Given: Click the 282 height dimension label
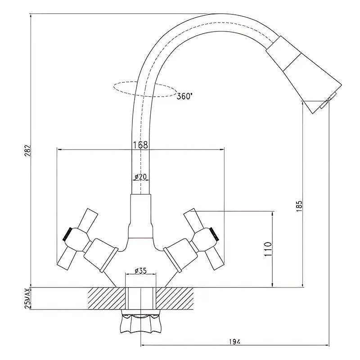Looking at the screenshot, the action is [x=27, y=151].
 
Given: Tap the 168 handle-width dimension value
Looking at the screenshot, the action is [x=140, y=145].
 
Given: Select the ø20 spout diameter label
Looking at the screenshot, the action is [x=140, y=177].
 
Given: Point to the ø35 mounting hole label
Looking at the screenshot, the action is [x=140, y=271].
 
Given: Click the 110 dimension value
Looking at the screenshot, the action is [x=268, y=249].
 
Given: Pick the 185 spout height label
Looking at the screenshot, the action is [x=299, y=206].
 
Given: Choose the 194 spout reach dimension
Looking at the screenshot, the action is [x=234, y=342].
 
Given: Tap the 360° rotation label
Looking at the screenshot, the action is [x=184, y=96].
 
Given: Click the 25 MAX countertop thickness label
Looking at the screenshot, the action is [x=28, y=298].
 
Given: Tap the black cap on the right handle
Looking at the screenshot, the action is [x=215, y=234].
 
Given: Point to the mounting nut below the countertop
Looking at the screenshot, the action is [x=140, y=321].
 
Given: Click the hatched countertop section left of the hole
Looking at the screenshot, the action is [x=107, y=298].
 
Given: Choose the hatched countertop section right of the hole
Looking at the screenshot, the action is [x=174, y=298].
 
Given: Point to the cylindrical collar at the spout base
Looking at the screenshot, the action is [x=140, y=216].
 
